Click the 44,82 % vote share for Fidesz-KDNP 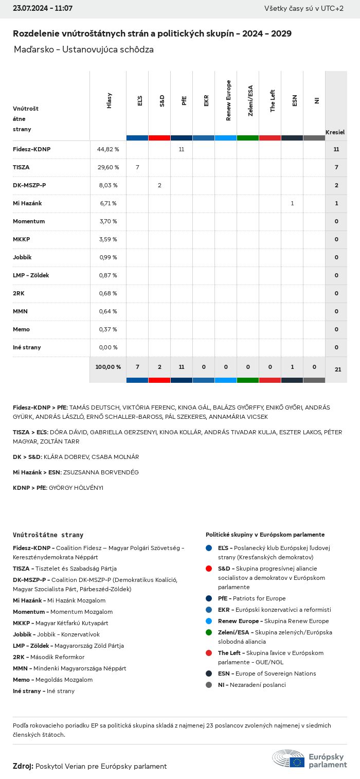click(x=108, y=149)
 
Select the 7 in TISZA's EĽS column click(x=137, y=167)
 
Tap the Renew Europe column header click(x=228, y=100)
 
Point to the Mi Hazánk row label click(x=27, y=203)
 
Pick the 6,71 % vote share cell click(x=108, y=203)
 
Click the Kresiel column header click(x=335, y=132)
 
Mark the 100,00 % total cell click(x=108, y=367)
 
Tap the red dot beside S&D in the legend click(x=208, y=569)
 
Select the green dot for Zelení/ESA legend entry click(x=208, y=632)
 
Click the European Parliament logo click(x=309, y=759)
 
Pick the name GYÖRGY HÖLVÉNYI click(x=76, y=488)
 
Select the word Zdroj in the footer click(x=23, y=766)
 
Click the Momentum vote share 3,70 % click(x=108, y=221)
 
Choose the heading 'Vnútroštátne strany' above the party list click(x=48, y=535)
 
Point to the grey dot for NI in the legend click(x=208, y=685)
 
